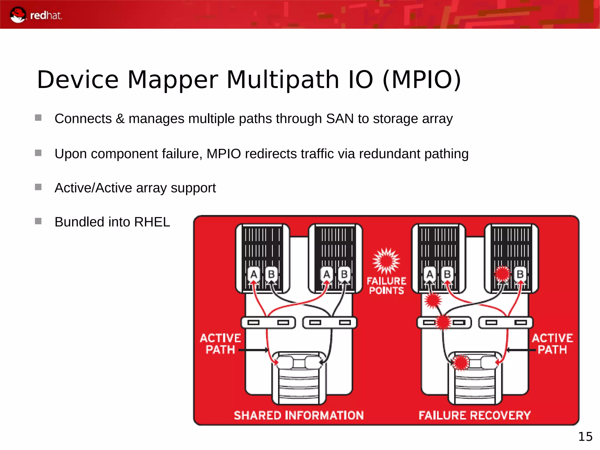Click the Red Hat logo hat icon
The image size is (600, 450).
18,15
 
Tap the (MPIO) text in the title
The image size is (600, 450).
422,80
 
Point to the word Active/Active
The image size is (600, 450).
93,188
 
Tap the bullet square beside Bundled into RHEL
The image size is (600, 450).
38,221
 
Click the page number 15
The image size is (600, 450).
585,437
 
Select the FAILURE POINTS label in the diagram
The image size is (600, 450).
386,286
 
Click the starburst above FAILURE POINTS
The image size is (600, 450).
386,261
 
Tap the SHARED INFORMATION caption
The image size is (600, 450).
299,415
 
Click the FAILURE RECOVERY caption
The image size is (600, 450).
475,415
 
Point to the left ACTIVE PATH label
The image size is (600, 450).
220,344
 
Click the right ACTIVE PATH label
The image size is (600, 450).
552,344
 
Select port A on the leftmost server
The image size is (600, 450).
254,274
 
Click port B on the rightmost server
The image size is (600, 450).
520,274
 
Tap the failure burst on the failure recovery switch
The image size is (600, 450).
443,322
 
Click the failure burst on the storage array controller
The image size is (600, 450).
461,363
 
